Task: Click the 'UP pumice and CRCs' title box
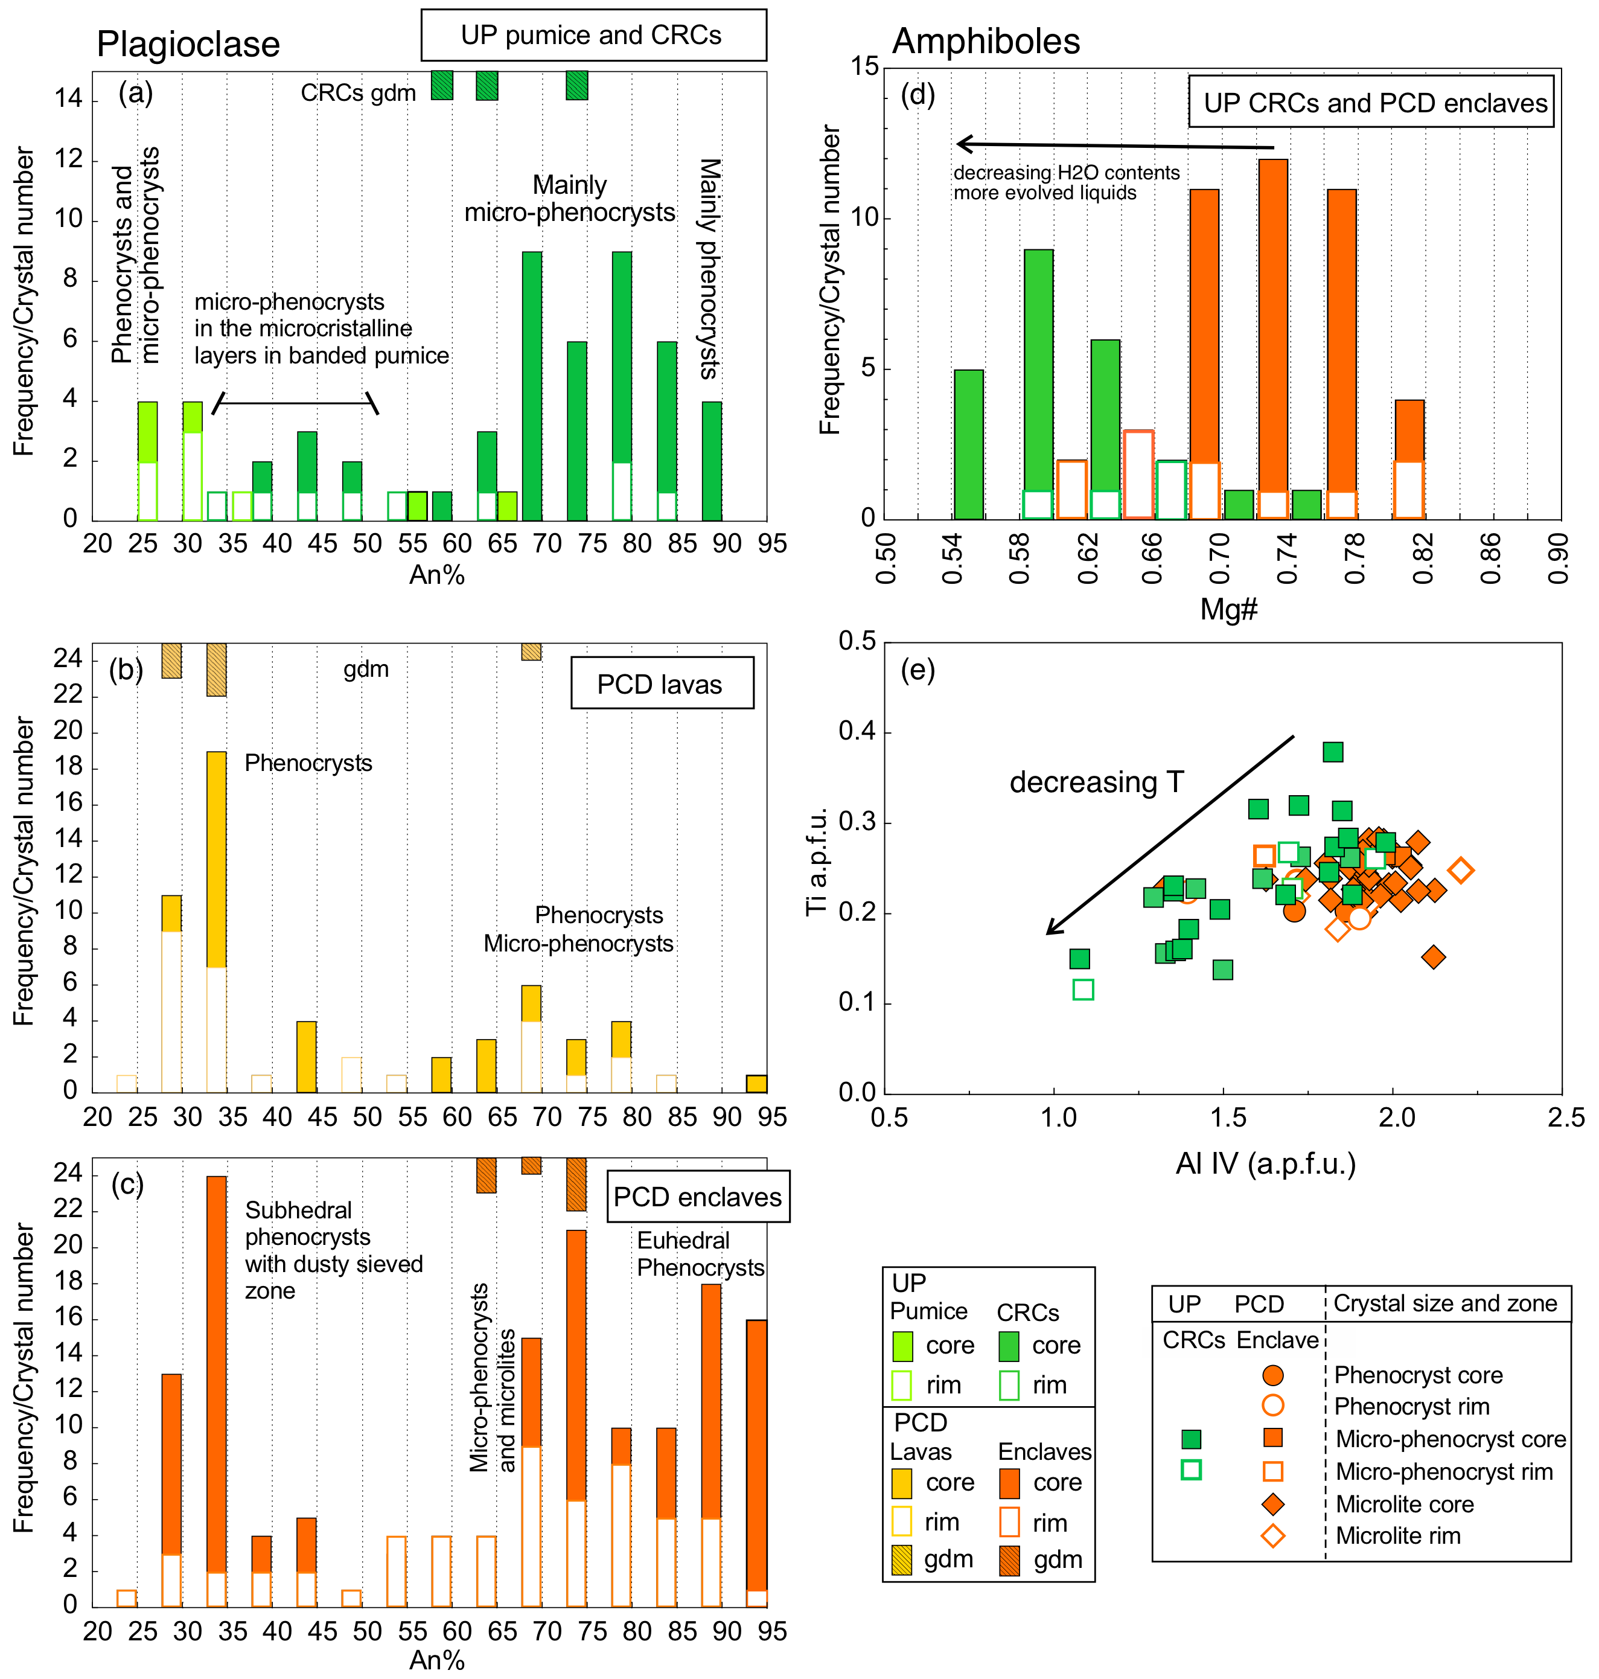(x=593, y=35)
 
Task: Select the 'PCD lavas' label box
(x=662, y=683)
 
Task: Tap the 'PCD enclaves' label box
(x=697, y=1197)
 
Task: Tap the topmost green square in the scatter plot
(x=1333, y=752)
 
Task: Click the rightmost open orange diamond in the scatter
(x=1461, y=870)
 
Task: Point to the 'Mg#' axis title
(x=1228, y=609)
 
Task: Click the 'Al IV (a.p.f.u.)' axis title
(x=1266, y=1163)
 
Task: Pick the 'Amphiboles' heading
(x=986, y=42)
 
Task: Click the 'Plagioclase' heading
(x=188, y=44)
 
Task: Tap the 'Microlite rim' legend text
(x=1398, y=1536)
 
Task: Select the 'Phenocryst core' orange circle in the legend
(x=1272, y=1375)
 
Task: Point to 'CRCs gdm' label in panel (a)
(x=358, y=93)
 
